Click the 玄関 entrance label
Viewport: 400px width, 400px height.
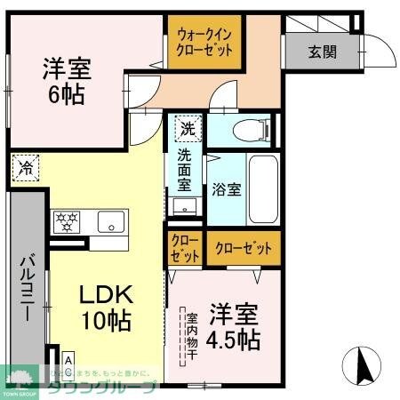tap(323, 51)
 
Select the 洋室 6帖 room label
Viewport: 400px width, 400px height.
tap(67, 80)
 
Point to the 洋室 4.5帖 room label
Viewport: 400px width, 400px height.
tap(235, 326)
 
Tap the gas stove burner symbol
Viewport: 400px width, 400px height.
tap(68, 221)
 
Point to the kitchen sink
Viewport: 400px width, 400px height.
tap(111, 222)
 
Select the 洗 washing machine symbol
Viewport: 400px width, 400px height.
tap(187, 128)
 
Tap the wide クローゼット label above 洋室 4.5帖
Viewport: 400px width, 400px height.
tap(243, 248)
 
